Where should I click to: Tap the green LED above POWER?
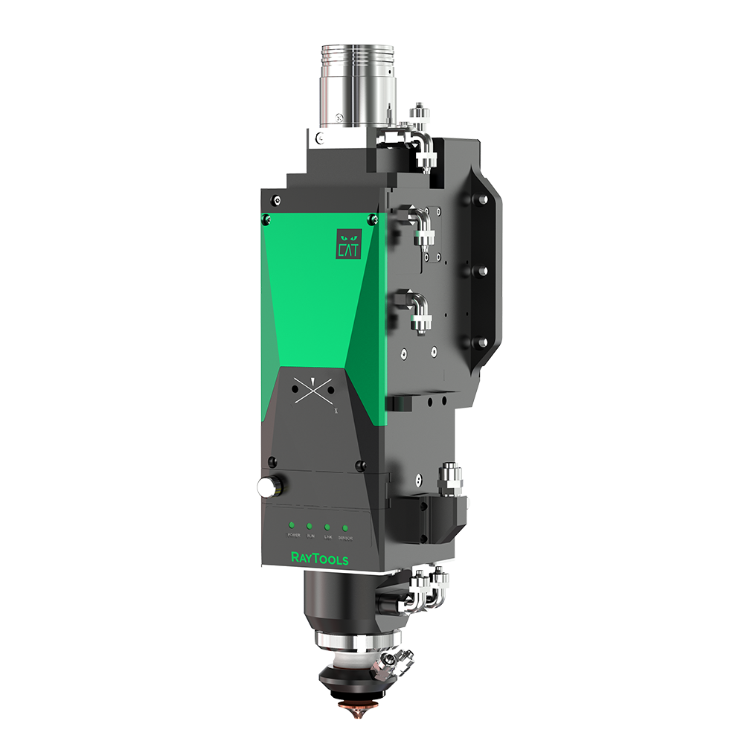tap(293, 524)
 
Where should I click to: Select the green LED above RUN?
tap(310, 525)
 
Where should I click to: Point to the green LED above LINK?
tap(327, 527)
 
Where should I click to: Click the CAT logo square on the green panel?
tap(348, 243)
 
